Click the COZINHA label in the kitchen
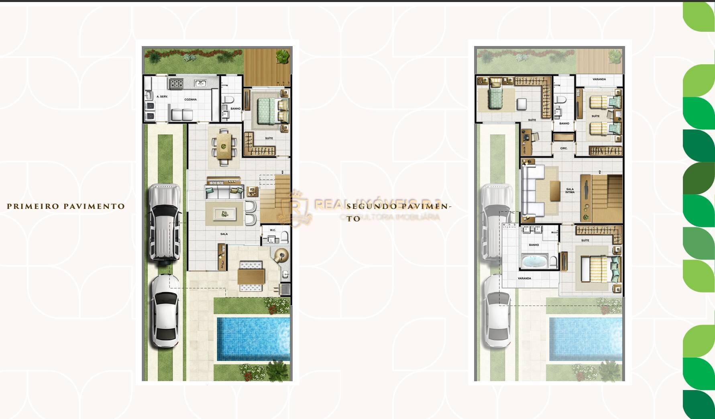(190, 99)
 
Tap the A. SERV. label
(162, 96)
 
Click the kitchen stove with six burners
(176, 84)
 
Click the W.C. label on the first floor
(273, 230)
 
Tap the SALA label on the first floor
(224, 234)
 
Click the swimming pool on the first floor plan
(253, 339)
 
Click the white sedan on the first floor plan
(165, 310)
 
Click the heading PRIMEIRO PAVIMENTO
(66, 206)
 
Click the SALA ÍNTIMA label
(570, 190)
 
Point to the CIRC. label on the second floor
(564, 148)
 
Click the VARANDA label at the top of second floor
(599, 79)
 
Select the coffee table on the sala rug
(224, 213)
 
